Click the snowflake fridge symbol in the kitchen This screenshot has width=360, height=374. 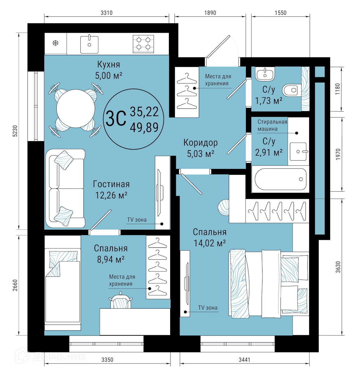55,43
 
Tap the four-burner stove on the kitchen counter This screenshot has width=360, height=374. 143,44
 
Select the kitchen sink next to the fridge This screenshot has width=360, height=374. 89,44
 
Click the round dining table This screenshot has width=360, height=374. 76,108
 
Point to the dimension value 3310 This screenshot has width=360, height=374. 107,13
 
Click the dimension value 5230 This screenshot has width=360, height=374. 15,131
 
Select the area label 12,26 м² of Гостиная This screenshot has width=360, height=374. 111,195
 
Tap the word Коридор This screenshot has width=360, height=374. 200,143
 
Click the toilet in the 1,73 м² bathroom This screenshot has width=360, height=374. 292,90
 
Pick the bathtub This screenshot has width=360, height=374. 281,179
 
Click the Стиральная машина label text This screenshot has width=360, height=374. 272,125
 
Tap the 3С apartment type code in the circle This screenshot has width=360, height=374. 116,119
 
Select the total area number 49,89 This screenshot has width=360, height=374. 144,127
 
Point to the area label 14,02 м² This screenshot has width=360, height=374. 209,243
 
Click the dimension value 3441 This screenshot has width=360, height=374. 244,360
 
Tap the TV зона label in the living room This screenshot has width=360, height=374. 137,220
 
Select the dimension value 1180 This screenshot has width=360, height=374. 338,89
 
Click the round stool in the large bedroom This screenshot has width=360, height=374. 223,208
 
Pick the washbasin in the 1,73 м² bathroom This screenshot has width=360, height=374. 265,74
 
